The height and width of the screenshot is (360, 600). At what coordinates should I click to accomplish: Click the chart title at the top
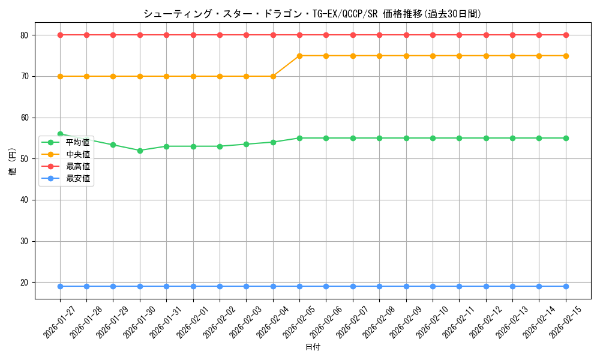click(312, 14)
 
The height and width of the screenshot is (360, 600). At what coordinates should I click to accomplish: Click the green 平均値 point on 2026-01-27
click(60, 134)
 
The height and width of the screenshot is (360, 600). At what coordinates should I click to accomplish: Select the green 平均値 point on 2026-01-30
click(140, 151)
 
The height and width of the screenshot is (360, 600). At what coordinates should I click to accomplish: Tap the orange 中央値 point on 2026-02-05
click(299, 56)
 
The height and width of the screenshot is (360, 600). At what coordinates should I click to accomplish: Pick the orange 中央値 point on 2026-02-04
click(273, 76)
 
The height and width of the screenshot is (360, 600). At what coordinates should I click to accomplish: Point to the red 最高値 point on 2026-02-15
click(565, 35)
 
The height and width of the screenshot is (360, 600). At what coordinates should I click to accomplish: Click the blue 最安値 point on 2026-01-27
click(60, 286)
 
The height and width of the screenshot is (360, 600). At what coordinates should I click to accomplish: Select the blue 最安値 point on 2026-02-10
click(433, 286)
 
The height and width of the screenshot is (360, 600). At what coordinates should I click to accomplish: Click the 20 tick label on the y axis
click(25, 283)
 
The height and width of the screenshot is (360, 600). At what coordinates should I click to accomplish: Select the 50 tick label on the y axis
click(25, 159)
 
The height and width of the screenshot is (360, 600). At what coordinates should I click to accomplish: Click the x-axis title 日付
click(313, 347)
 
